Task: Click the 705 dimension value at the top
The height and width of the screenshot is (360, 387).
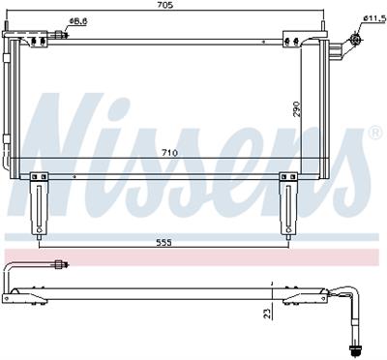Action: [165, 5]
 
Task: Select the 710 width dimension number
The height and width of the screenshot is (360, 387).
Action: [169, 153]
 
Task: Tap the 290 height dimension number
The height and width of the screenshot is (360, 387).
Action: [296, 109]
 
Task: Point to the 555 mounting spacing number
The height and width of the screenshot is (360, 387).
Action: [164, 243]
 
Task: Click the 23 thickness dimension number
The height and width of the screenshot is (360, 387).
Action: [267, 314]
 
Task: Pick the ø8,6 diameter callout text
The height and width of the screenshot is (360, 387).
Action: [78, 21]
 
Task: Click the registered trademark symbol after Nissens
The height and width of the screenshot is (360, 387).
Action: [374, 134]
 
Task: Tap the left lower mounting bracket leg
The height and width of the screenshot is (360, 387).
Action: [39, 206]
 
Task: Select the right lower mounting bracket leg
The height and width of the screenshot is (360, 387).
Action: [288, 206]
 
